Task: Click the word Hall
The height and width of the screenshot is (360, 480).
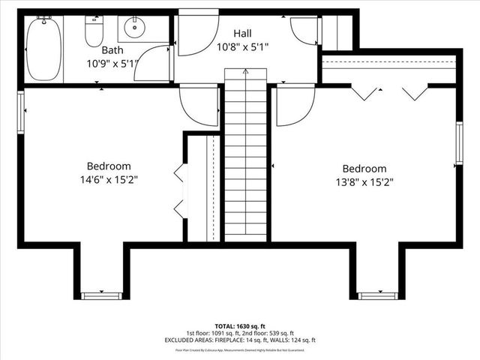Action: (x=242, y=34)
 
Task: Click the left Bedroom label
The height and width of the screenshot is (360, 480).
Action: (x=109, y=166)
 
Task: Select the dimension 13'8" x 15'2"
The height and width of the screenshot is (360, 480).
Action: (x=364, y=181)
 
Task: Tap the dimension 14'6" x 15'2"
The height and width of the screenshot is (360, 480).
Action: (x=109, y=179)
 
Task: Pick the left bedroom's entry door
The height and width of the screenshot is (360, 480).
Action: (x=199, y=105)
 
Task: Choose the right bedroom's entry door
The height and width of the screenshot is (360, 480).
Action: (x=295, y=105)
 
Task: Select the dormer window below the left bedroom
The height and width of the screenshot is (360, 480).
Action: (x=101, y=295)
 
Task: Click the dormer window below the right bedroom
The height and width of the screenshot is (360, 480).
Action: (x=378, y=295)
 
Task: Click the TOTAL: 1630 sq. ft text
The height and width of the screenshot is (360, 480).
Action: (x=240, y=327)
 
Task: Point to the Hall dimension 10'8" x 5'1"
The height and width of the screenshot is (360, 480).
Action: (x=242, y=47)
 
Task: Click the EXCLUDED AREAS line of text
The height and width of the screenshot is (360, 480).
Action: (x=240, y=340)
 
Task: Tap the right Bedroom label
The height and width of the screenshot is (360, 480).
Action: (x=364, y=169)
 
